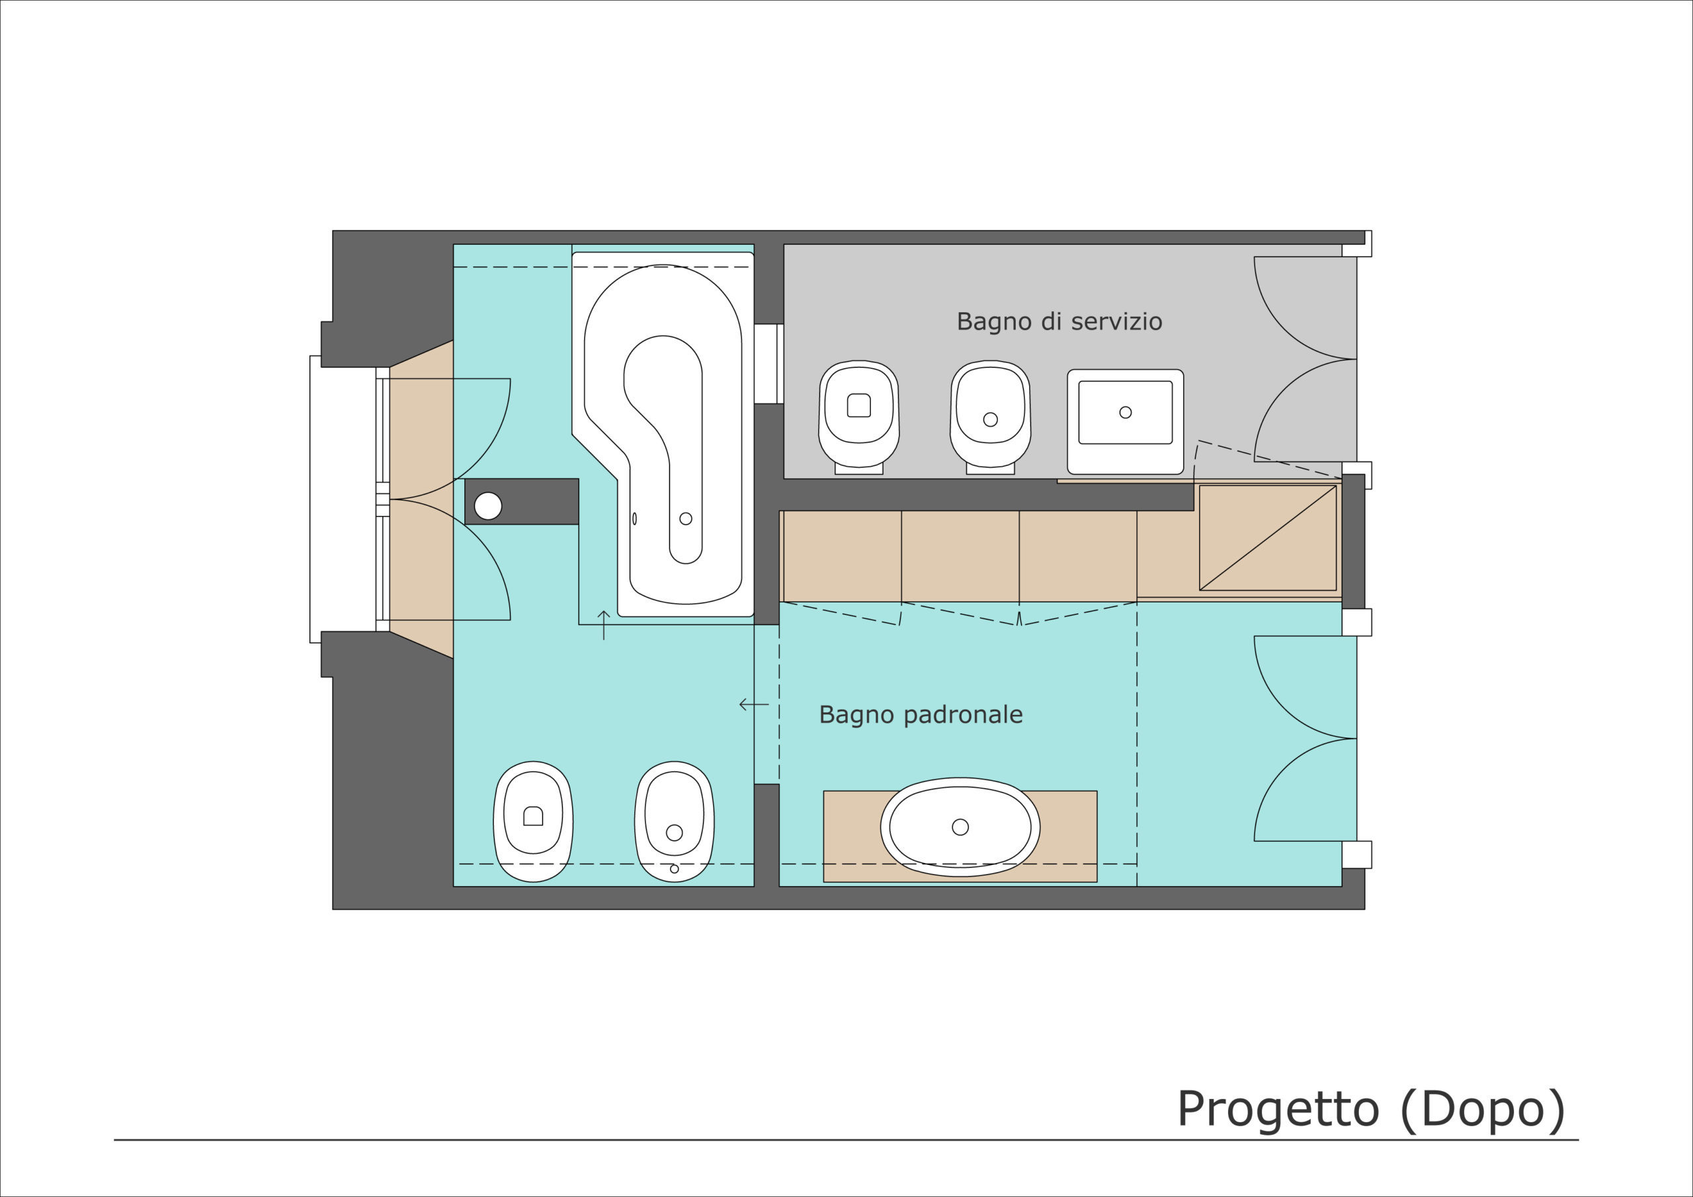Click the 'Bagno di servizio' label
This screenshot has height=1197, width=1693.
[x=1059, y=321]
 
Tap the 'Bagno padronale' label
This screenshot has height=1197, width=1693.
[x=921, y=715]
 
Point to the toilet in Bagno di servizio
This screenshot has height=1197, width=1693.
[x=859, y=417]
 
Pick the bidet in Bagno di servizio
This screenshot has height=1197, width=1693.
[x=990, y=417]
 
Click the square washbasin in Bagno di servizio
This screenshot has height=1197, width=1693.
[x=1125, y=421]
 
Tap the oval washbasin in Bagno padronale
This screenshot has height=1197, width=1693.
[x=960, y=827]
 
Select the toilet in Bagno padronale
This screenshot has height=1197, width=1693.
[x=533, y=821]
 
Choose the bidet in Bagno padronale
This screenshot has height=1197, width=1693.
[x=674, y=821]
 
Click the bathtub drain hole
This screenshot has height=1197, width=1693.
[x=686, y=518]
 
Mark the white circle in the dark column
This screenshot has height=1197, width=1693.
[x=488, y=506]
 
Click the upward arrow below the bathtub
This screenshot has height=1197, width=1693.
[x=604, y=625]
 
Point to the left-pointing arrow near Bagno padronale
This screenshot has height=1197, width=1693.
[x=754, y=704]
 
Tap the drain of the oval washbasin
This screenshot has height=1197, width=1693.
[x=960, y=827]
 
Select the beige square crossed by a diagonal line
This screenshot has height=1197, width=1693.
[x=1268, y=538]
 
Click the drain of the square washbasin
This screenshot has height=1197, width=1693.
[x=1125, y=412]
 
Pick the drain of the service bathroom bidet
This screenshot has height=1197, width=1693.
[x=990, y=419]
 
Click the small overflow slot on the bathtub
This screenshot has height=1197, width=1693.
[x=634, y=518]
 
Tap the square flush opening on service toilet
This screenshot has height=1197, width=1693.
[x=859, y=405]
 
